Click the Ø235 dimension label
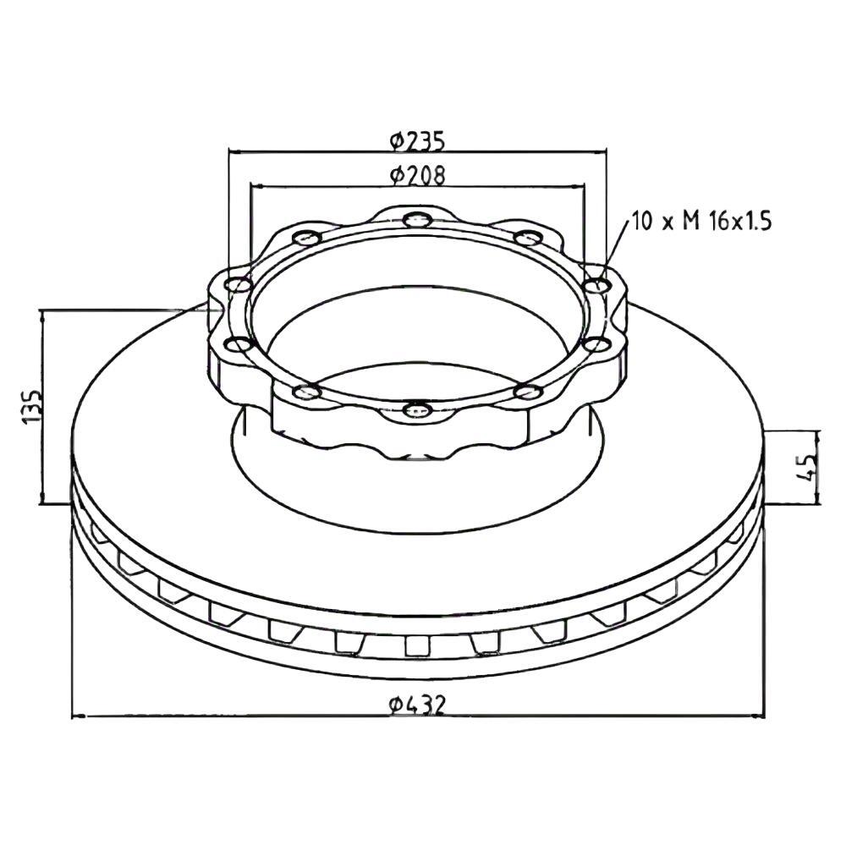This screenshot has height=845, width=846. pos(418,140)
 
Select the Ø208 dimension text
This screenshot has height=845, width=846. pos(418,175)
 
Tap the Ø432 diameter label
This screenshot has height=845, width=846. pos(418,705)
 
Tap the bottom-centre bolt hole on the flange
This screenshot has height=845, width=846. pos(418,410)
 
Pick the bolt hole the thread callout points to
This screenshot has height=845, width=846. pos(597,284)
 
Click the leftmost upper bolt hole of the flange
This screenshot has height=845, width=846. pos(239,285)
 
